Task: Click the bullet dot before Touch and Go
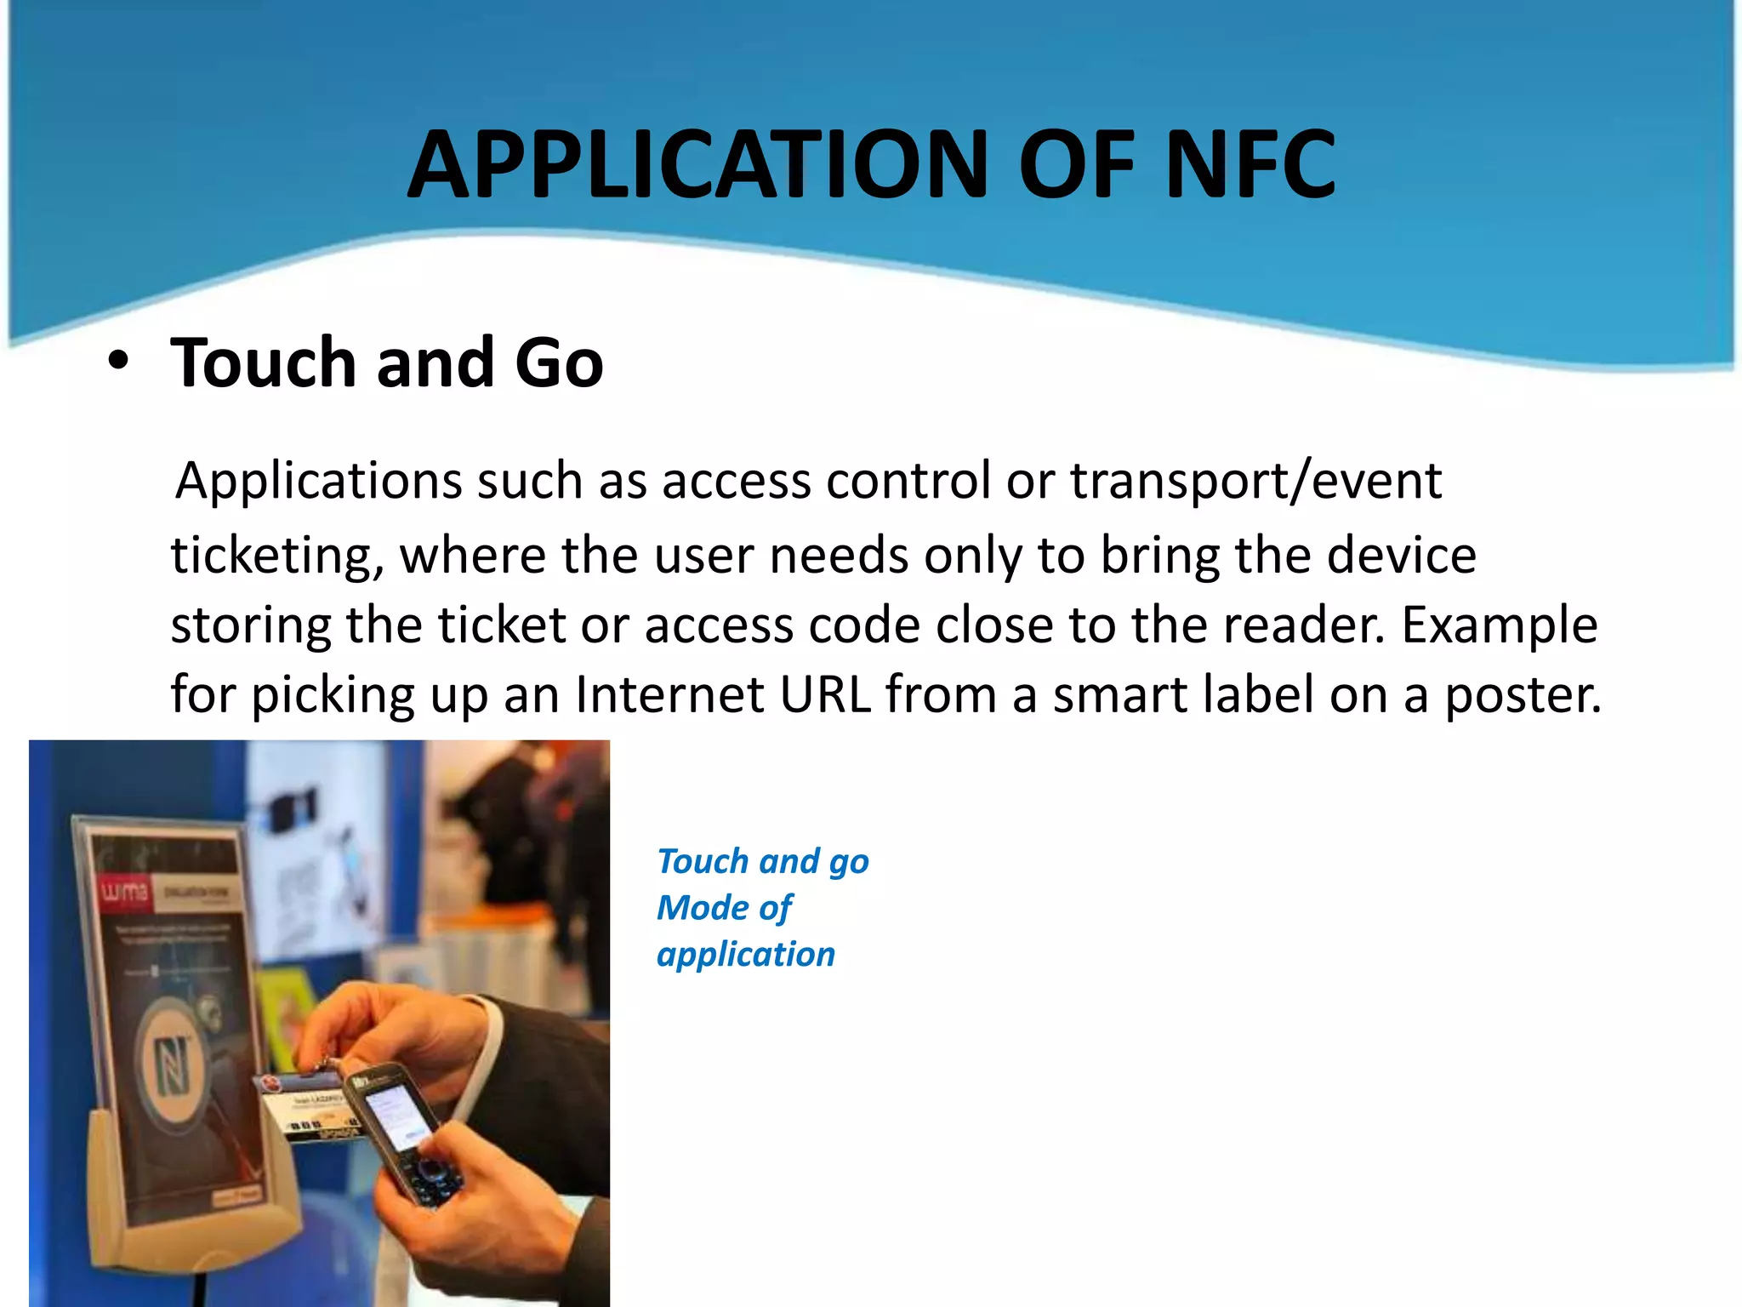pos(118,361)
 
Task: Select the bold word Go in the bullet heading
pos(559,362)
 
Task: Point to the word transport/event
pos(1255,480)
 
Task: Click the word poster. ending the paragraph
pos(1523,695)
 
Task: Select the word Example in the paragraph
pos(1500,625)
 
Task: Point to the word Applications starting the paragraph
pos(319,482)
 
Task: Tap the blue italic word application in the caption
pos(746,955)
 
